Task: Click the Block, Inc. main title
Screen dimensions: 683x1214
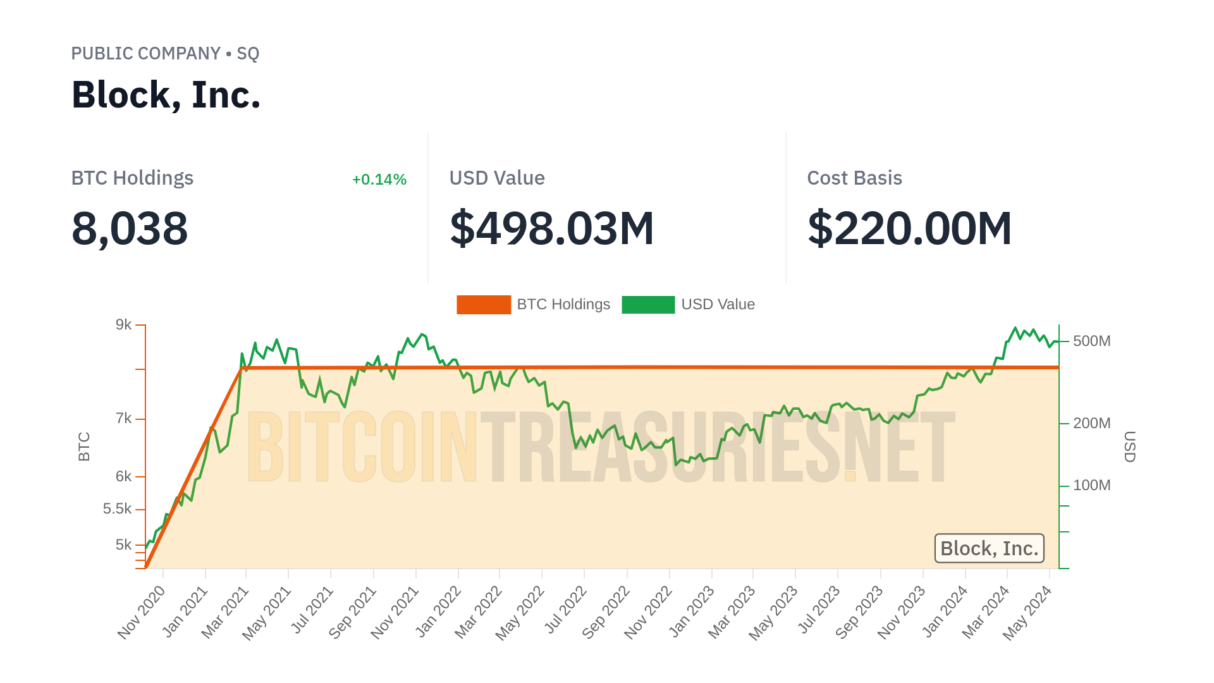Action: pos(166,95)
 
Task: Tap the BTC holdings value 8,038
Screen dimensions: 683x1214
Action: pos(130,228)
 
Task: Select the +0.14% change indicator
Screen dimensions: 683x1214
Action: pos(379,180)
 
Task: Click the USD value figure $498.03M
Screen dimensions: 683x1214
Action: pos(551,228)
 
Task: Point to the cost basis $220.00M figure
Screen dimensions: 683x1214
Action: pos(909,228)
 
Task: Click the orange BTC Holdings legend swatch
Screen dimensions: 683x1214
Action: pos(484,305)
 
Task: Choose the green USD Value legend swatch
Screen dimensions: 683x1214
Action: pos(648,305)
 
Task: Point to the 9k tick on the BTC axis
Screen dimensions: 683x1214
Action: pos(124,325)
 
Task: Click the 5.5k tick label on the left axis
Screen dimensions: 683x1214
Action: pos(118,509)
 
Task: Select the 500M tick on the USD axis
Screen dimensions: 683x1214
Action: pos(1091,341)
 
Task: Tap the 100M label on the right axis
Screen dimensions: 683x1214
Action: pos(1091,486)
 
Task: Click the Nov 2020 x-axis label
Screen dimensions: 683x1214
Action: pos(142,612)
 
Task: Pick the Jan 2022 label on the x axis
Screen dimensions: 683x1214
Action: pos(438,612)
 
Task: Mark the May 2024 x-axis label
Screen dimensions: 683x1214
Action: pos(1027,612)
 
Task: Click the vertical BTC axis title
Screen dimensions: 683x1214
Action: pos(84,446)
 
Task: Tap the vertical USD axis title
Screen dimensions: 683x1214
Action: pos(1130,446)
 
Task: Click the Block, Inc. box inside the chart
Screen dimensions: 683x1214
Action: pos(989,548)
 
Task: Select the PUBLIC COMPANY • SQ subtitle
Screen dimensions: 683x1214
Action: pos(165,54)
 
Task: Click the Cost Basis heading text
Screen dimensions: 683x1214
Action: pos(854,178)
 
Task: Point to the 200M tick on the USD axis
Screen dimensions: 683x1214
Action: pos(1091,423)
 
